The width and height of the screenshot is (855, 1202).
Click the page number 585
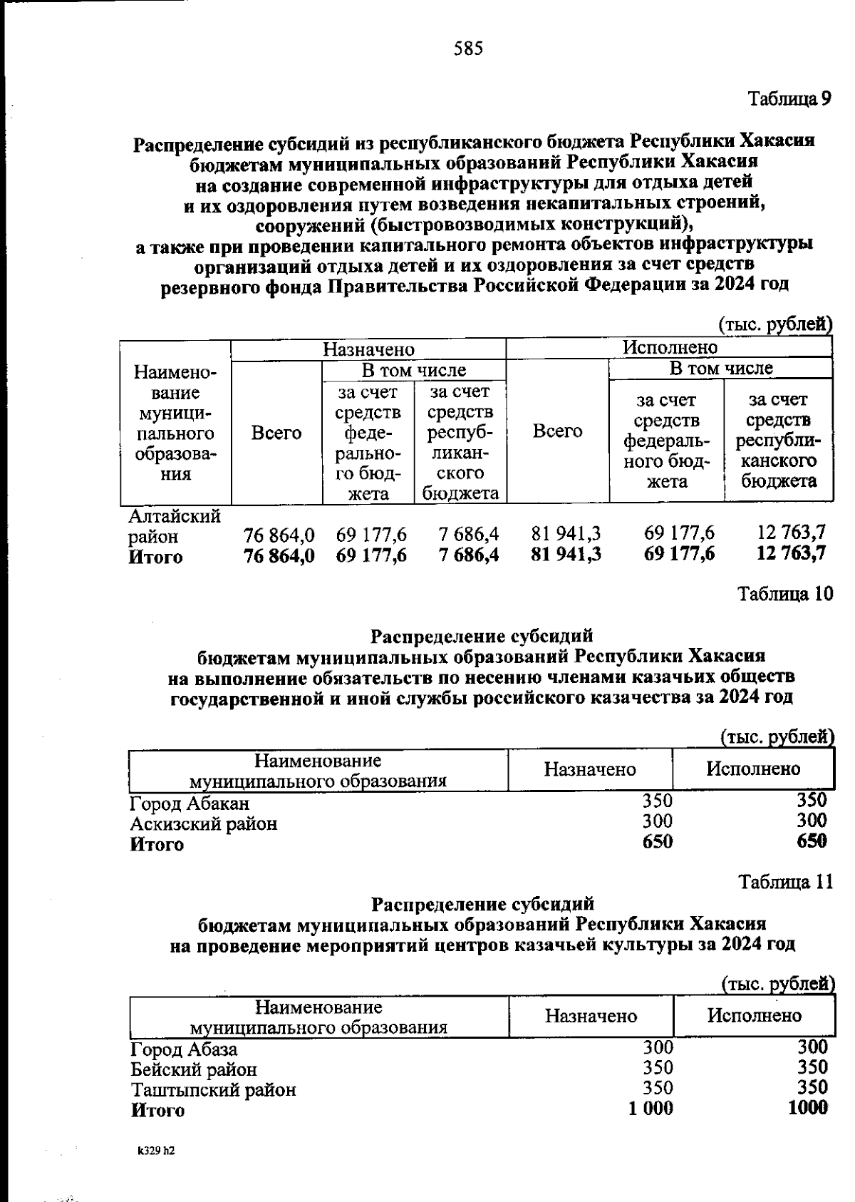468,48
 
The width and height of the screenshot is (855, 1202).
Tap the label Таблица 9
789,98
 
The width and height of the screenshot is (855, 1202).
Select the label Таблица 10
784,594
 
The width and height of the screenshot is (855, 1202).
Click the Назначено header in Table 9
368,349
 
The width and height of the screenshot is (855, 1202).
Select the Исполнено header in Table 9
670,347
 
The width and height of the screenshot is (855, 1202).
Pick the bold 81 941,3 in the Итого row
566,553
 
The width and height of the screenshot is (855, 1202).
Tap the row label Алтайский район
173,525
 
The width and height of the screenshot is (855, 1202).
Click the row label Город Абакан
190,803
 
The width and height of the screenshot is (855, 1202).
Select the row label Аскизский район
204,824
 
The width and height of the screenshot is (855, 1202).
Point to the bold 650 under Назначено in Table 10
657,841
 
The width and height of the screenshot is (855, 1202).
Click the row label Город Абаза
184,1049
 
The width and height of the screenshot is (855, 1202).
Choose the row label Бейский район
194,1069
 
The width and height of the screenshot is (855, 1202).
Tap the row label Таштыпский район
213,1089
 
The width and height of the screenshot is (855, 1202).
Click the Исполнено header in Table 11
754,1015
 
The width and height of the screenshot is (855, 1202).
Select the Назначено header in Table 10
590,769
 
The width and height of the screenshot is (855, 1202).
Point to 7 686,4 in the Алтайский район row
468,534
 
